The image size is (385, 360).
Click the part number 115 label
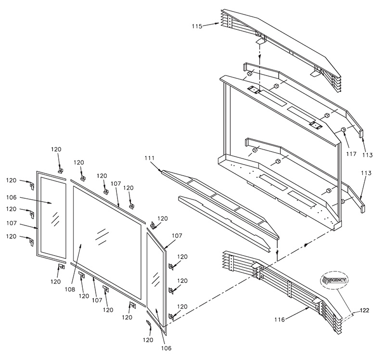pos(197,26)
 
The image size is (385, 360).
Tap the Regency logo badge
pos(334,280)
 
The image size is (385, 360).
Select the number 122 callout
pos(364,310)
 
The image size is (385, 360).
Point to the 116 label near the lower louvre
pos(280,320)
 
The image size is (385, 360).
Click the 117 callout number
pos(351,154)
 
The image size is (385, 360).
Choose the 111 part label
pos(150,158)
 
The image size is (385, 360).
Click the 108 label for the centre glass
pos(70,290)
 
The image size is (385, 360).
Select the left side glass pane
pos(53,218)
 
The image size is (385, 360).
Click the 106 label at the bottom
pos(166,348)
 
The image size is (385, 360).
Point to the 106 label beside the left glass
pos(11,197)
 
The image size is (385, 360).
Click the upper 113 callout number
pos(367,155)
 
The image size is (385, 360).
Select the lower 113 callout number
pos(366,173)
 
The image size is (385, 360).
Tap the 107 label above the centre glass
pos(115,184)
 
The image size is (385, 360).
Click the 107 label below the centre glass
pos(97,300)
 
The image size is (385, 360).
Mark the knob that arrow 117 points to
pos(343,129)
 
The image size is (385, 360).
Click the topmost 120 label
pos(56,149)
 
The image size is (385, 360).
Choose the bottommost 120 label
pos(148,340)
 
